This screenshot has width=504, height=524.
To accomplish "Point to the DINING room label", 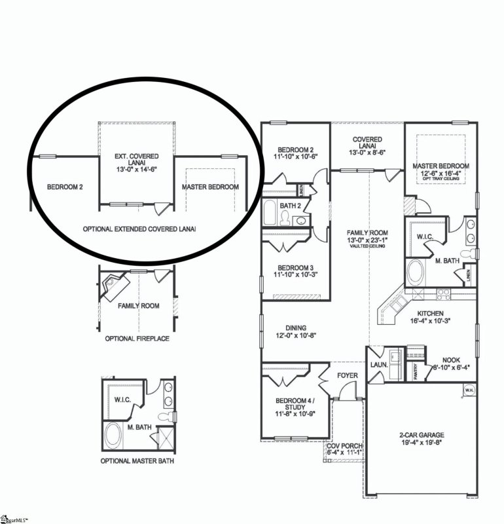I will pyautogui.click(x=296, y=328).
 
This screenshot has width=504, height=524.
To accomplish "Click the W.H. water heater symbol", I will pyautogui.click(x=469, y=391).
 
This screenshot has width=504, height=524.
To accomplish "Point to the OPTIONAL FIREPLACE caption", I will pyautogui.click(x=137, y=339).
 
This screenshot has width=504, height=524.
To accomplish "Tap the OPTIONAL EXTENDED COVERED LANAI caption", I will pyautogui.click(x=139, y=229).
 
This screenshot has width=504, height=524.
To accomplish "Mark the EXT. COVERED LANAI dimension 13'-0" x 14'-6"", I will pyautogui.click(x=137, y=169).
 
